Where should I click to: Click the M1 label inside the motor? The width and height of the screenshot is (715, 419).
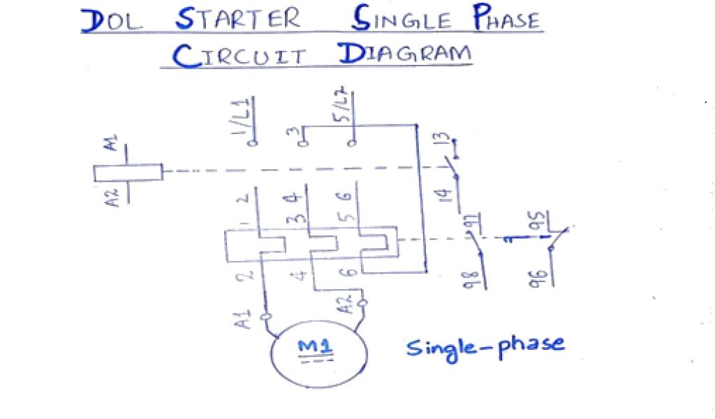[x=316, y=347]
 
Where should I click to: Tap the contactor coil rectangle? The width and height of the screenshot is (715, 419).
[x=128, y=173]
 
